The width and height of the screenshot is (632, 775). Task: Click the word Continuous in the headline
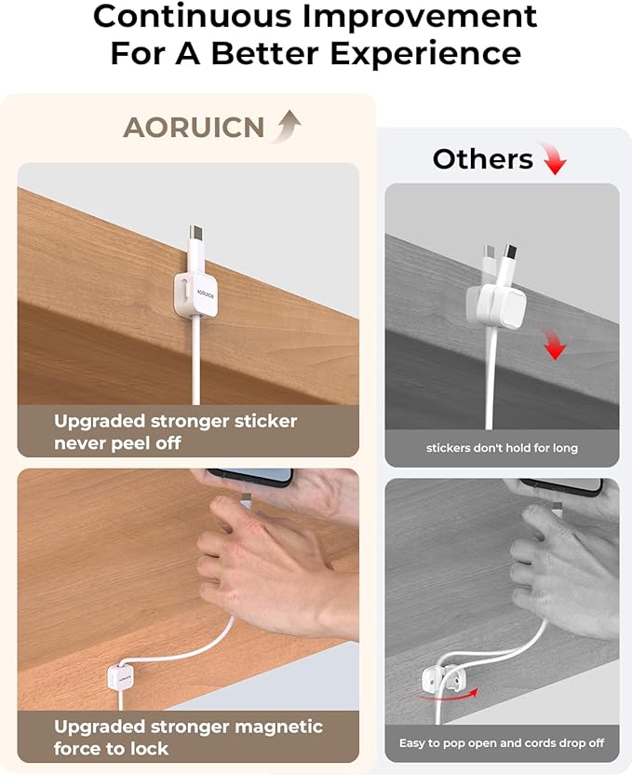click(193, 16)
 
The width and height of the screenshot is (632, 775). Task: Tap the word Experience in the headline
click(425, 53)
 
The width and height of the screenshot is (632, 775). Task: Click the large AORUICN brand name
click(194, 128)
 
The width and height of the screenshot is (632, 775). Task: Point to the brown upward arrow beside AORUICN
click(287, 127)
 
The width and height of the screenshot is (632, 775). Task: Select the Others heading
click(482, 159)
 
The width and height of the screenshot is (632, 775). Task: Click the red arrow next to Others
click(553, 158)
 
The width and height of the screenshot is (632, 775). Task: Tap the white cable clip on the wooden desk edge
click(195, 294)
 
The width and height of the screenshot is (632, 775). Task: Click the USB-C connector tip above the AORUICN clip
click(196, 232)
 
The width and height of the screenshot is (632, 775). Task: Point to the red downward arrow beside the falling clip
click(555, 345)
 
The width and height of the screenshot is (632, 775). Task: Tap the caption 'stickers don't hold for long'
click(502, 448)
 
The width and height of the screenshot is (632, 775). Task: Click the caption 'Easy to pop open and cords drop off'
click(502, 743)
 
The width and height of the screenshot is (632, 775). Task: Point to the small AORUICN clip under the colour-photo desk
click(120, 678)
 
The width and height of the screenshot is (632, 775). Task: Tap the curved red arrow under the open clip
click(447, 695)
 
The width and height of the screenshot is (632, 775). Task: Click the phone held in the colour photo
click(249, 478)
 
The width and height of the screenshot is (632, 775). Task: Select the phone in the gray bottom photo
click(562, 485)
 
